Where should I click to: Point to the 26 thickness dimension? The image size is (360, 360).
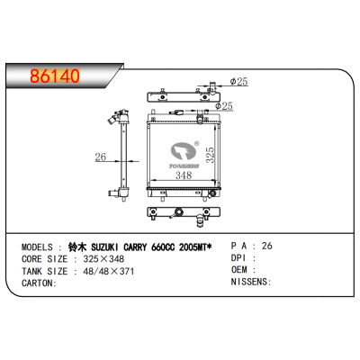point(101,157)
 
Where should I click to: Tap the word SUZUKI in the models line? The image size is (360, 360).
point(100,245)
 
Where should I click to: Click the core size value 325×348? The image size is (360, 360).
point(104,257)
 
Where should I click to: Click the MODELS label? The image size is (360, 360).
point(36,245)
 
